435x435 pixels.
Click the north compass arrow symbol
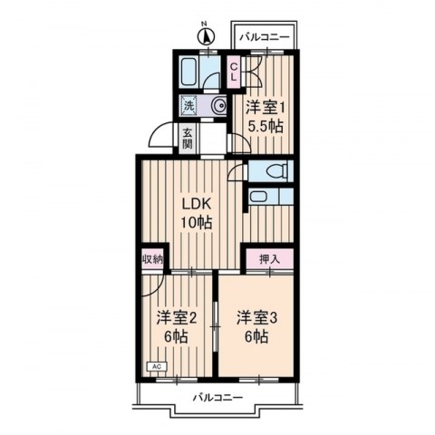point(206,36)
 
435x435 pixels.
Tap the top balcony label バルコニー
point(265,38)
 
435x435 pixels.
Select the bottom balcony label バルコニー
point(217,397)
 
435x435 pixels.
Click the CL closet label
point(234,72)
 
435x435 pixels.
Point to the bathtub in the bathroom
point(189,72)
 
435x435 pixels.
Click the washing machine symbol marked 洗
point(188,105)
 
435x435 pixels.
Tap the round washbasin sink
point(219,106)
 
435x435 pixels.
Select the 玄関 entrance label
point(188,139)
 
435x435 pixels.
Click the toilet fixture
point(275,171)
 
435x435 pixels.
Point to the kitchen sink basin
point(258,197)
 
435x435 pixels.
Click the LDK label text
point(196,205)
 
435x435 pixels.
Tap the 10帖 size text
point(197,223)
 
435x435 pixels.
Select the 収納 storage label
point(153,259)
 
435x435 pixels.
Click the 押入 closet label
point(269,259)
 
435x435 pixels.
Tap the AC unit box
point(157,366)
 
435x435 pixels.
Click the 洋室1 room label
point(266,108)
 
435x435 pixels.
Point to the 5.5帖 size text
point(266,126)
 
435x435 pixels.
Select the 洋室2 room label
point(177,318)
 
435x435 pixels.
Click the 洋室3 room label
point(257,318)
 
